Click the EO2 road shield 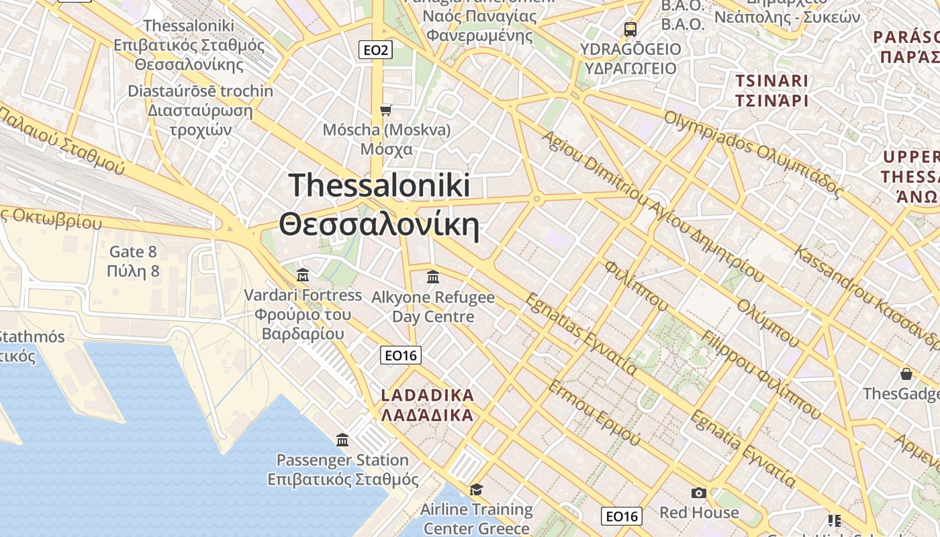point(375,50)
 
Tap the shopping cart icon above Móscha point(385,109)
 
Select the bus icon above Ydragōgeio point(630,29)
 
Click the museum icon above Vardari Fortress point(303,275)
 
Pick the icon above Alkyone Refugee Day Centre point(433,277)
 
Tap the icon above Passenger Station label point(342,440)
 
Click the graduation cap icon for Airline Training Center point(476,489)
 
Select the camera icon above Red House point(698,493)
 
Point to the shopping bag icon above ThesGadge point(906,374)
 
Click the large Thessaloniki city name point(379,205)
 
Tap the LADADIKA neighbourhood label point(428,405)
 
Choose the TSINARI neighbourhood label point(771,91)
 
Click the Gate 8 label point(133,261)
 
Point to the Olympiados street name point(752,155)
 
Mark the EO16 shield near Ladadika point(400,355)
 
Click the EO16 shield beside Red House point(621,516)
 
